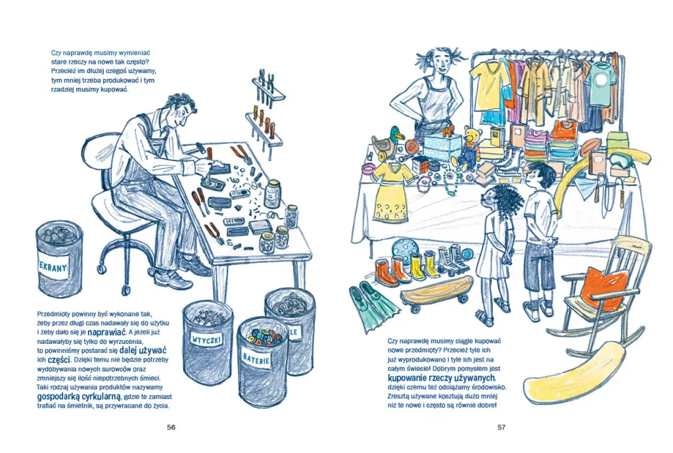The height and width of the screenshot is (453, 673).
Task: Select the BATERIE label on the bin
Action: click(x=256, y=357)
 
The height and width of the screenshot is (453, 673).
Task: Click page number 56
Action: click(x=172, y=427)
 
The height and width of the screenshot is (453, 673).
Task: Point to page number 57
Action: click(x=501, y=427)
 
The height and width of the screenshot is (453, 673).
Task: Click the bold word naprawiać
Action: click(x=106, y=332)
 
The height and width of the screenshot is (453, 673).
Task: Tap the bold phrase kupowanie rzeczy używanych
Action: click(x=442, y=378)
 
